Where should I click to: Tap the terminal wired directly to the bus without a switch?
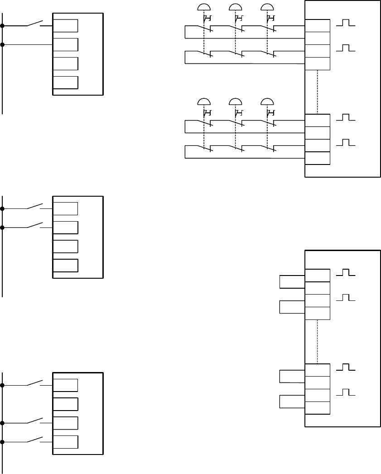pyautogui.click(x=65, y=45)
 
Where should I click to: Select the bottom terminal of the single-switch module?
pyautogui.click(x=65, y=82)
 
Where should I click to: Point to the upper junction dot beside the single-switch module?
pyautogui.click(x=3, y=26)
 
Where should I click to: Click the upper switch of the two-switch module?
pyautogui.click(x=34, y=206)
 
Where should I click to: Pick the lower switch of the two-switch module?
pyautogui.click(x=34, y=225)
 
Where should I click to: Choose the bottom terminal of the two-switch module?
pyautogui.click(x=65, y=265)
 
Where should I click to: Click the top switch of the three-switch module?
pyautogui.click(x=34, y=383)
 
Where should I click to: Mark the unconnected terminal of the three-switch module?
pyautogui.click(x=65, y=404)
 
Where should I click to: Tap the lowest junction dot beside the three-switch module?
pyautogui.click(x=3, y=442)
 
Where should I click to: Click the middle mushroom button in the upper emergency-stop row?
pyautogui.click(x=236, y=7)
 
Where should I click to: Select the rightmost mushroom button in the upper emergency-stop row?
pyautogui.click(x=267, y=7)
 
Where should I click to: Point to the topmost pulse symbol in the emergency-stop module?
pyautogui.click(x=346, y=23)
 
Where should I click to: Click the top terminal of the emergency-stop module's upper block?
pyautogui.click(x=317, y=26)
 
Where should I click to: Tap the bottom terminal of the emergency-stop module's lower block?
pyautogui.click(x=317, y=158)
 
